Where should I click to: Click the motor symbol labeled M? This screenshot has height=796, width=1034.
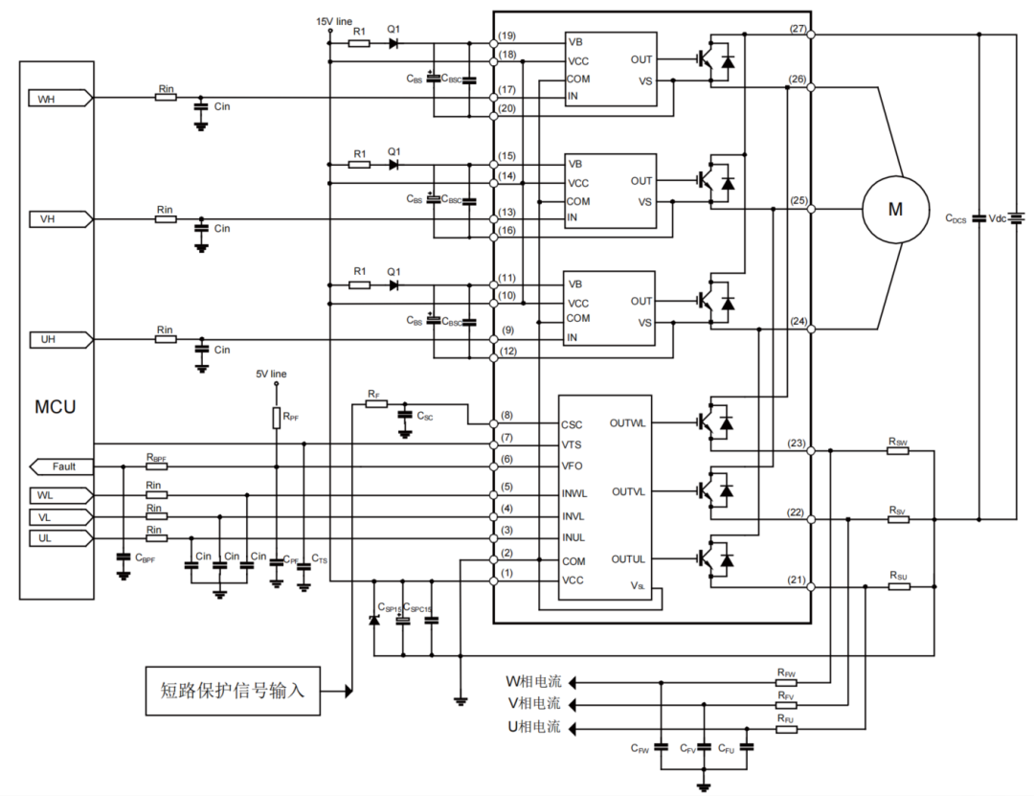tap(895, 210)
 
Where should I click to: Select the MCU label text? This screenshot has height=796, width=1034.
tap(56, 406)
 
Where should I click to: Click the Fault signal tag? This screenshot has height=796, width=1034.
tap(62, 466)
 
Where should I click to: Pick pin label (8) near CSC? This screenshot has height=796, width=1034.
tap(507, 416)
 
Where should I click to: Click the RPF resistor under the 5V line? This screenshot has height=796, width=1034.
tap(277, 419)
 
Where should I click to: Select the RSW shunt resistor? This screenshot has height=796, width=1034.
tap(897, 450)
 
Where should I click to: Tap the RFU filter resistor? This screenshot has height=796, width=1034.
tap(786, 729)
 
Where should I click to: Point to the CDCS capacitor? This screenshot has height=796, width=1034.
tap(978, 218)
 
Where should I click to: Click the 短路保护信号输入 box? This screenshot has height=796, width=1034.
tap(233, 691)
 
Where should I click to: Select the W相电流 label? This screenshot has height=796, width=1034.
tap(533, 682)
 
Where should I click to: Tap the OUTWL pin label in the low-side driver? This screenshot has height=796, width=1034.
tap(628, 422)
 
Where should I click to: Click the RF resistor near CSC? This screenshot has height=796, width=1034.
tap(376, 404)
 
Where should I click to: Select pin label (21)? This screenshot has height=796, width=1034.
tap(797, 580)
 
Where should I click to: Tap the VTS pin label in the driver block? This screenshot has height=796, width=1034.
tap(573, 444)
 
